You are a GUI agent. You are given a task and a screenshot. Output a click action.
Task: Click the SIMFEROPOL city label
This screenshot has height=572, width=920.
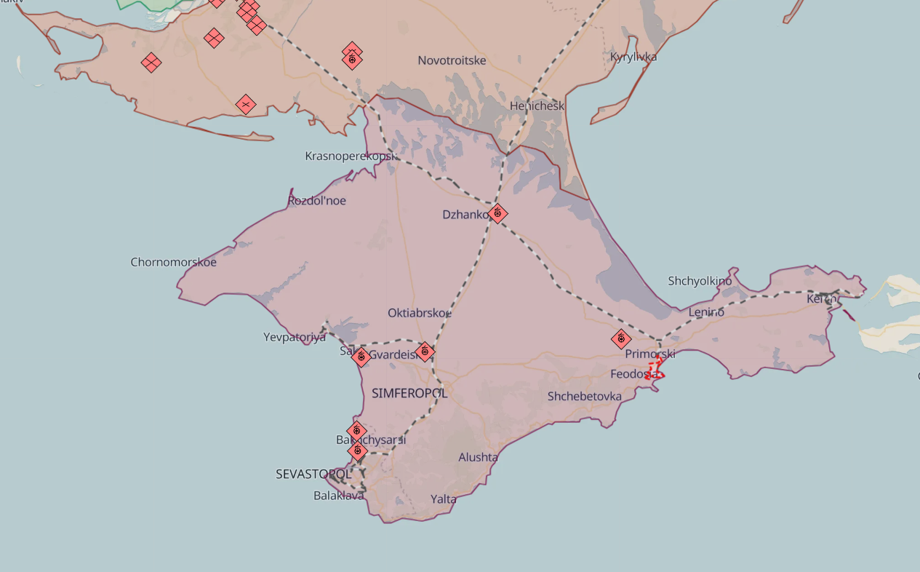(409, 393)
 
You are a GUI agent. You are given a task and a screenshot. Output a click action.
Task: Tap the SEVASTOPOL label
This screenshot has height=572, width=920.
(313, 474)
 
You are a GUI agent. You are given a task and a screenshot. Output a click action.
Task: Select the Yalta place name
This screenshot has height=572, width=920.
(443, 498)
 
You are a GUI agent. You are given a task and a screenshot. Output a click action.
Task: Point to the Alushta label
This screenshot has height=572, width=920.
(478, 457)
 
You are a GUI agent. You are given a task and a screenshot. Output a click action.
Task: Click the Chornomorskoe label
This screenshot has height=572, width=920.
(173, 262)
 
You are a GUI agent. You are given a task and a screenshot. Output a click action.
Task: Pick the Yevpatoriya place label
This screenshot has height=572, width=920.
(294, 337)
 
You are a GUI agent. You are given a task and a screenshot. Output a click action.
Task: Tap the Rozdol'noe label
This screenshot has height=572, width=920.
(316, 200)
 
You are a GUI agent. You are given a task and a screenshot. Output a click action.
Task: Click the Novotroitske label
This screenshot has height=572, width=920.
(452, 60)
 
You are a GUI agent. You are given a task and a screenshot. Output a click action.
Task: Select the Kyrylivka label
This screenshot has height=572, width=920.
(633, 57)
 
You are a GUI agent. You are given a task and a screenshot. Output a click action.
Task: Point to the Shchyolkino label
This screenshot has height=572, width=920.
(700, 281)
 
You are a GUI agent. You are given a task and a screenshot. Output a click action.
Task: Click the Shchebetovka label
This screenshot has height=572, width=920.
(584, 396)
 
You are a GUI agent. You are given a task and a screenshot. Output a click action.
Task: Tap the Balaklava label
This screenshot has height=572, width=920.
(338, 496)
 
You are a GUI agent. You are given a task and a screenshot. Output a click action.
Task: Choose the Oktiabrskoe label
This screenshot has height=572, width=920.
(419, 313)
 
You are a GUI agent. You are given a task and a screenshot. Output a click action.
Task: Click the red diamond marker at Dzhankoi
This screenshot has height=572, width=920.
(497, 213)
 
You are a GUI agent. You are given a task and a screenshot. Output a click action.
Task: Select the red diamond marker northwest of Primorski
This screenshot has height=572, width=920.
(620, 338)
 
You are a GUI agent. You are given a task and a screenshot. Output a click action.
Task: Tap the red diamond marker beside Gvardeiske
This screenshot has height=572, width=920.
(425, 352)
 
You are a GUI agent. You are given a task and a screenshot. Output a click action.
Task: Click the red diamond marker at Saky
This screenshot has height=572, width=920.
(360, 357)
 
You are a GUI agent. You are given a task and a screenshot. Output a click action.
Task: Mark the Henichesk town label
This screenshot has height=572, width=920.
(537, 106)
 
